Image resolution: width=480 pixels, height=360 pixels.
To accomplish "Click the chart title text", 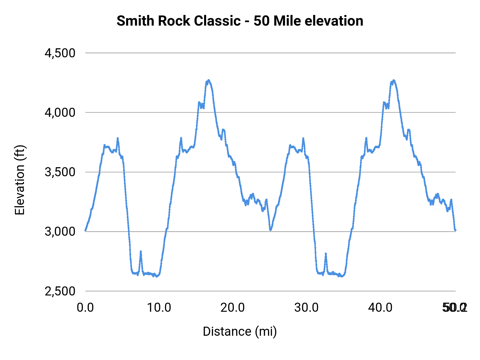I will pos(240,21).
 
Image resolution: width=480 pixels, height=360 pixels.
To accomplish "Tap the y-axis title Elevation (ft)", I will pos(20,180).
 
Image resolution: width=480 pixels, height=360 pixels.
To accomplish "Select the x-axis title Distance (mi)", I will pos(240,331).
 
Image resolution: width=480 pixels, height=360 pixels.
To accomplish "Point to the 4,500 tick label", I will pos(60,53).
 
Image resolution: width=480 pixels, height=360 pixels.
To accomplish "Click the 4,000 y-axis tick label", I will pos(60,113).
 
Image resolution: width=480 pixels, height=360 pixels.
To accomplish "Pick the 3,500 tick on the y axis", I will pos(60,172).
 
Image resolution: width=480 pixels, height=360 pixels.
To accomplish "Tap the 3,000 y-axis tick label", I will pos(60,231).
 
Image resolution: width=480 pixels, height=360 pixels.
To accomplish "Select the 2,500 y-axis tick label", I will pos(60,291).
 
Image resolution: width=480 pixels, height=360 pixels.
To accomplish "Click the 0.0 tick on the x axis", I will pos(85,308).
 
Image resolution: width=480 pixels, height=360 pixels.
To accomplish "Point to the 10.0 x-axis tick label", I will pos(159,308).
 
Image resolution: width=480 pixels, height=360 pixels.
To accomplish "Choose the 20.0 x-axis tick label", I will pos(233,308).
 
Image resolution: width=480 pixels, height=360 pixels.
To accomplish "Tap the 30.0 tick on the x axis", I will pos(307,308).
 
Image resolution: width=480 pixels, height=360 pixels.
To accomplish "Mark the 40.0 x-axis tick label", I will pos(380,308).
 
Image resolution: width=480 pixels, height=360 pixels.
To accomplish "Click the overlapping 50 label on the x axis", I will pos(455,308).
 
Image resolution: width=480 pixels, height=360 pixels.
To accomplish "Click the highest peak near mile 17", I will pos(209,80).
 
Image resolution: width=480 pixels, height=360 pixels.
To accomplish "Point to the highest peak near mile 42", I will pos(394,80).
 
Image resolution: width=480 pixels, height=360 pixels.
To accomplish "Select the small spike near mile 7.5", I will pos(141,251).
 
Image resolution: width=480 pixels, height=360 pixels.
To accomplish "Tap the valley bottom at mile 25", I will pos(270,230).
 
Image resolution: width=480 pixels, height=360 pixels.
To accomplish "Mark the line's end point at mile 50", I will pos(455,230).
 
